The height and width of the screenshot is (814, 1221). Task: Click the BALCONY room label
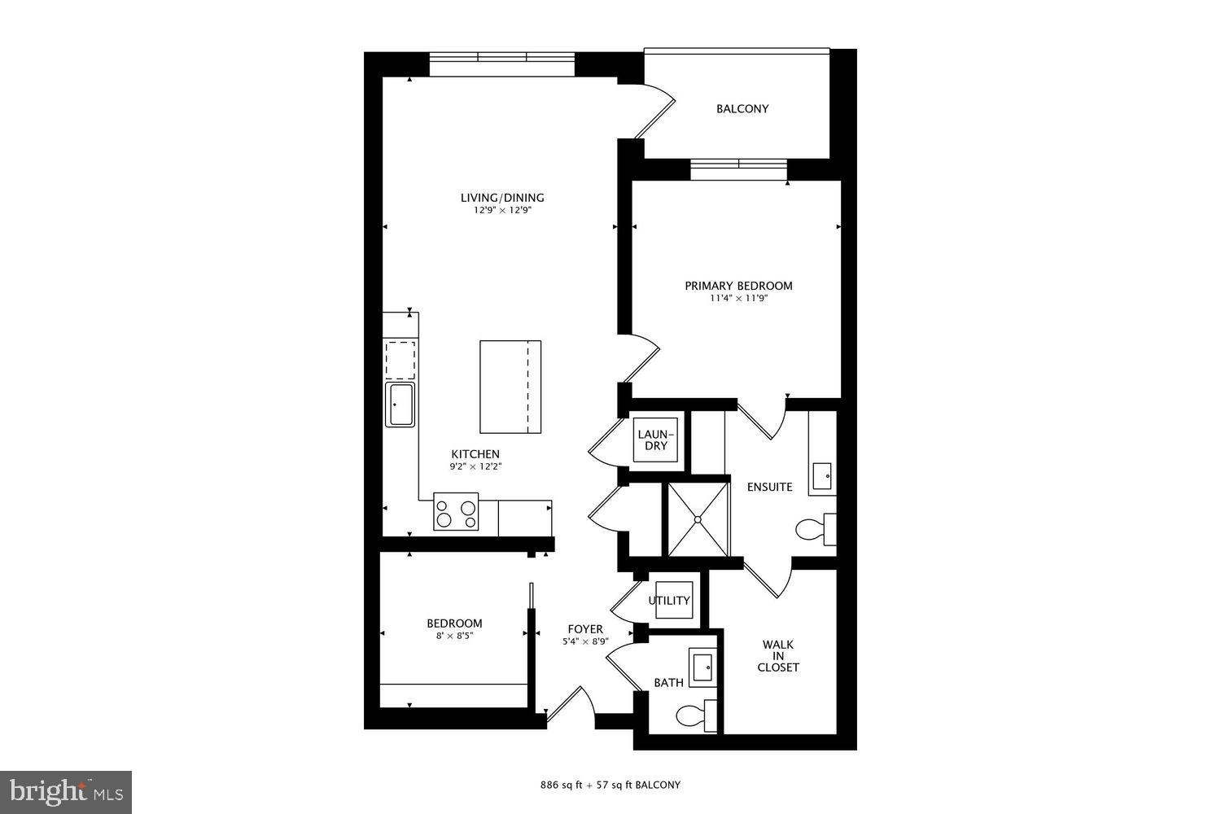point(742,109)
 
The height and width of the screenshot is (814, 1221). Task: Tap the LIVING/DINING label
point(502,198)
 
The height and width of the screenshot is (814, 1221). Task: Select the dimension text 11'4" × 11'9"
point(738,299)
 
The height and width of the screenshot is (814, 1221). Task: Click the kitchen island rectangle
point(510,387)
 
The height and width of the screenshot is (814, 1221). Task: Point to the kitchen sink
point(400,405)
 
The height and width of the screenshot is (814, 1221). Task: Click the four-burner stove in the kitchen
point(455,513)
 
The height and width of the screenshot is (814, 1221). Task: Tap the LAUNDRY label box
point(655,440)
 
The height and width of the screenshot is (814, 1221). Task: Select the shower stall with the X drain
point(698,519)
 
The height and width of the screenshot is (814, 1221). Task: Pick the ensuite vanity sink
point(822,474)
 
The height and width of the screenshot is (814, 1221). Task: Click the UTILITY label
point(669,601)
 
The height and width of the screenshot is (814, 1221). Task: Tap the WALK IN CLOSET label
point(778,656)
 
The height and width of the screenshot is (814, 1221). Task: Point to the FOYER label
point(585,629)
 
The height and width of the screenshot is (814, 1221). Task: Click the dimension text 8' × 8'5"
point(454,636)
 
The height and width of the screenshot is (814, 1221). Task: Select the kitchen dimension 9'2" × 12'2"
point(475,467)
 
